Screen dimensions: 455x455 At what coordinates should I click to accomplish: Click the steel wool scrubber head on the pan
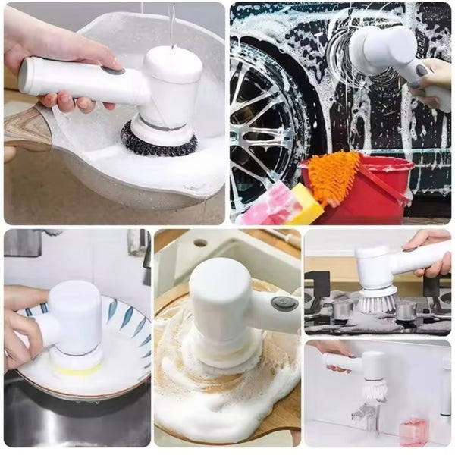[158, 141]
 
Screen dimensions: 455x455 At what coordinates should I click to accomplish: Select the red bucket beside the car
[356, 193]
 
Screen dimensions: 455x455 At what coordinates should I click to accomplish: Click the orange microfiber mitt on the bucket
[334, 175]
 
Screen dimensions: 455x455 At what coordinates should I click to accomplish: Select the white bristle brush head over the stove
[377, 301]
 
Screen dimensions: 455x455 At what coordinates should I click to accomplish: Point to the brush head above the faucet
[375, 388]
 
